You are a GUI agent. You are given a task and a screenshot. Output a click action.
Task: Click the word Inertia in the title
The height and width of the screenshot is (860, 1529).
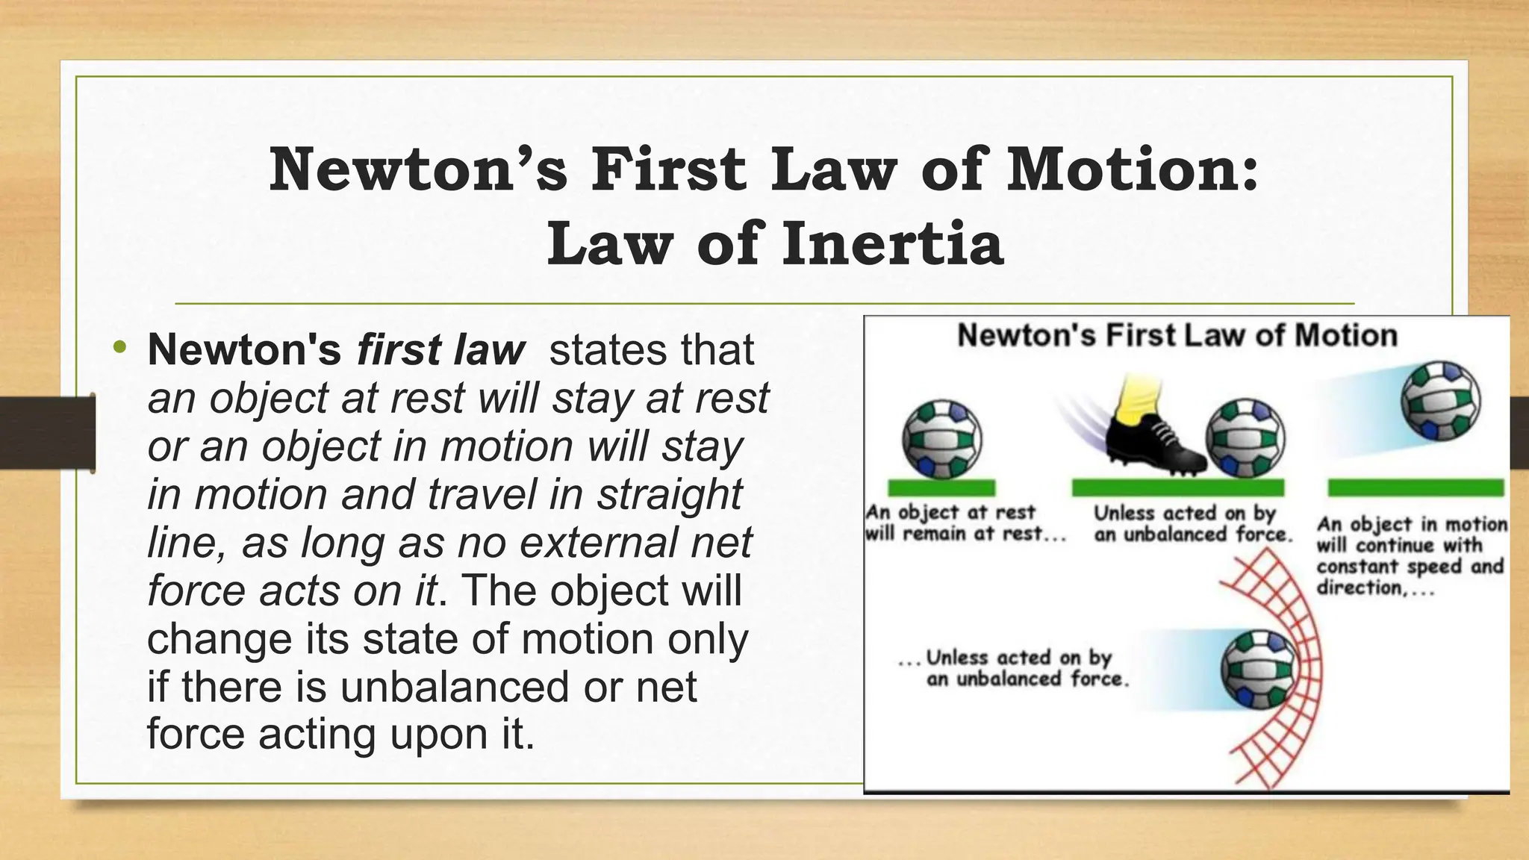coord(892,244)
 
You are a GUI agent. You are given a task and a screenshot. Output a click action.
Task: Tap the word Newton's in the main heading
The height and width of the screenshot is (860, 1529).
coord(418,169)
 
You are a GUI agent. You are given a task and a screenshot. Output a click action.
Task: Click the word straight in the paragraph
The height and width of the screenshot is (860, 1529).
coord(670,494)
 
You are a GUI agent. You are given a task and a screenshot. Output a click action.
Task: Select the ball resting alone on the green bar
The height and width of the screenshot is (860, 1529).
coord(942,439)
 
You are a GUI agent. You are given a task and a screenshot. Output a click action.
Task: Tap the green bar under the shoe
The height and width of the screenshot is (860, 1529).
coord(1177,488)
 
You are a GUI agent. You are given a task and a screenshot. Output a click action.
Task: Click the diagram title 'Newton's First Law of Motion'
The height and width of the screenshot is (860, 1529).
coord(1177,336)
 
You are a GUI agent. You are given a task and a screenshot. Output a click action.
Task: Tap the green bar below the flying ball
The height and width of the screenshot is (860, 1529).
coord(1416,488)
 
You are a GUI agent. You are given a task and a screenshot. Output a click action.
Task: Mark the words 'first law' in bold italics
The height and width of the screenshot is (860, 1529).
coord(440,349)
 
